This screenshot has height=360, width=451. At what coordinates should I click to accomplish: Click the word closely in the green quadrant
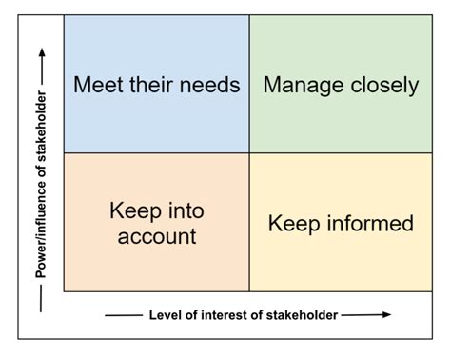click(x=382, y=85)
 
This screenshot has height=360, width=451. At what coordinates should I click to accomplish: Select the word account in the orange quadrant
click(x=157, y=235)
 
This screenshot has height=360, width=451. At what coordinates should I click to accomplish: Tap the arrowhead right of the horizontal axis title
click(x=386, y=314)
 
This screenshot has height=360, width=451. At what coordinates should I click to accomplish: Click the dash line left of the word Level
click(x=124, y=315)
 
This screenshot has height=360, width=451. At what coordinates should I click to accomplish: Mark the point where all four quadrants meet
click(x=249, y=153)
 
